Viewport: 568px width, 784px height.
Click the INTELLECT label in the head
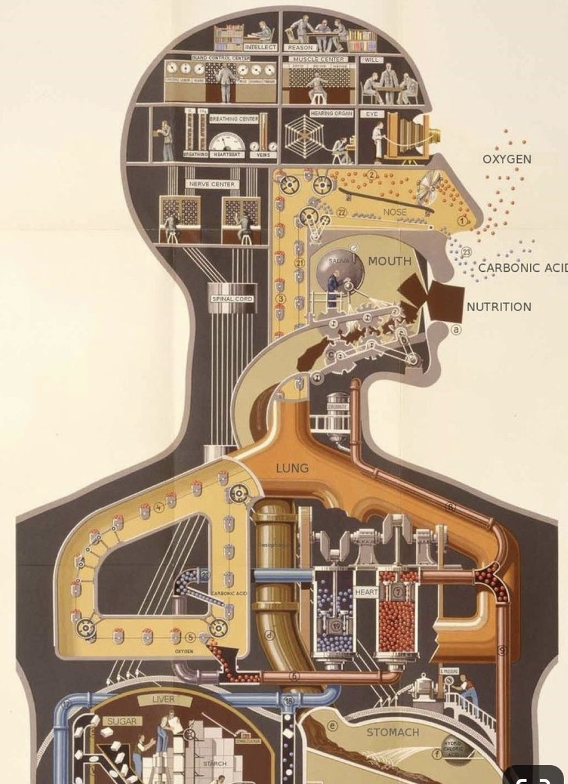260,47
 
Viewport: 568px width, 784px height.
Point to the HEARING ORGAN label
331,114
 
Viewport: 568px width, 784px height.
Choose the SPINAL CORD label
231,299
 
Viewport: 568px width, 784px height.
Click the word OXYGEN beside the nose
507,159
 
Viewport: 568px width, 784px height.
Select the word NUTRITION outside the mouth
499,306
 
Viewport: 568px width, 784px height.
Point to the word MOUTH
390,261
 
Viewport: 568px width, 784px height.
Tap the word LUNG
292,468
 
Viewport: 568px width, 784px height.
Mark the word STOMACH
392,732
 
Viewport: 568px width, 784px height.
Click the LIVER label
163,700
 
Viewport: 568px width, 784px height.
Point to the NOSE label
395,212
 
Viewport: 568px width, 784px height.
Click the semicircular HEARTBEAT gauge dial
226,143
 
